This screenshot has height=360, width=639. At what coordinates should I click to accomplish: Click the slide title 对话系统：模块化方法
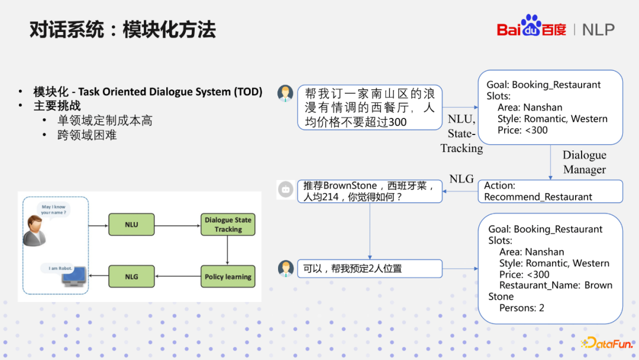tap(122, 30)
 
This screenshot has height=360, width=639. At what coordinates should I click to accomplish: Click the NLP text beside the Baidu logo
tap(598, 30)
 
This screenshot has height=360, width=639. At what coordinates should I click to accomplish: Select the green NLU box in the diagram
tap(131, 225)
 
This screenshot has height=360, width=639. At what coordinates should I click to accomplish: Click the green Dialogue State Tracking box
tap(228, 225)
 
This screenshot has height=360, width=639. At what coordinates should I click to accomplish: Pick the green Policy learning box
tap(228, 277)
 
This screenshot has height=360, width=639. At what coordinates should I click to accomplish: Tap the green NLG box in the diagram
tap(131, 277)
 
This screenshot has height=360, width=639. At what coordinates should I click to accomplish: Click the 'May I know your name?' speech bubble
tap(54, 210)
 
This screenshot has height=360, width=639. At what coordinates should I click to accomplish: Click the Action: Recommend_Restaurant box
tap(550, 191)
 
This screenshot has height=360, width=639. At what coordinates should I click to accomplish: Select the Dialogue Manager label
tap(584, 162)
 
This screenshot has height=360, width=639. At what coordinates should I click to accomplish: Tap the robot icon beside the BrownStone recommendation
tap(286, 189)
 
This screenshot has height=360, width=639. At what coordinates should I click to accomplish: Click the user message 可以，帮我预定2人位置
tap(369, 268)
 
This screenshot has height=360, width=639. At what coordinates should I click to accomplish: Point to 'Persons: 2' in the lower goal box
tap(521, 308)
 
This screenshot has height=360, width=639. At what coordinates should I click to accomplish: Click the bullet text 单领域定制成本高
tap(105, 121)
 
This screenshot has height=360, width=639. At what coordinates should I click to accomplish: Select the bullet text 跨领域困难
tap(87, 135)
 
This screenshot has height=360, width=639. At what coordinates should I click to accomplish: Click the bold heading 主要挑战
tap(57, 106)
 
